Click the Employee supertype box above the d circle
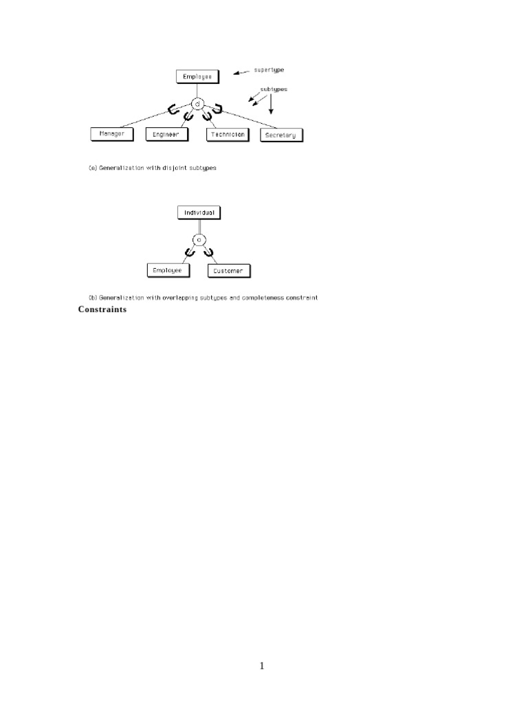point(197,77)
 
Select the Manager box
point(111,134)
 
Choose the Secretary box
point(281,135)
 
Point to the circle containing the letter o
point(199,240)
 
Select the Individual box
point(199,213)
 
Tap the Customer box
point(228,272)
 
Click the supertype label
point(269,70)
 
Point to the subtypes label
point(274,89)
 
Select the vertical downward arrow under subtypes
point(272,104)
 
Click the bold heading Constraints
point(102,309)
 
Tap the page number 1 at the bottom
point(262,665)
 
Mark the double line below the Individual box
point(198,226)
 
